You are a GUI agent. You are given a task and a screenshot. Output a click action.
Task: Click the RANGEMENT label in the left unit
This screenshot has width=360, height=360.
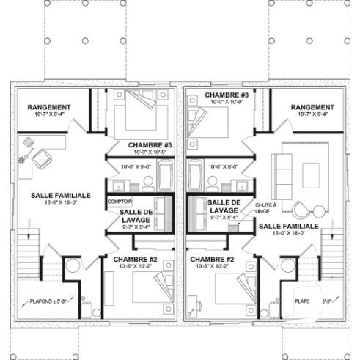point(48,107)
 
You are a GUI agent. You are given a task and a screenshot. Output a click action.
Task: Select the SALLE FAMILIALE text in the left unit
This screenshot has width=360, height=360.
point(61,196)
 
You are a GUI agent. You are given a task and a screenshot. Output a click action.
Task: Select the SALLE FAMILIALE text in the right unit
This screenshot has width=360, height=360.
point(289,227)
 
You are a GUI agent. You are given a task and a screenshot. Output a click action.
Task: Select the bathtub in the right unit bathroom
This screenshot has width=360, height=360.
point(195,176)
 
